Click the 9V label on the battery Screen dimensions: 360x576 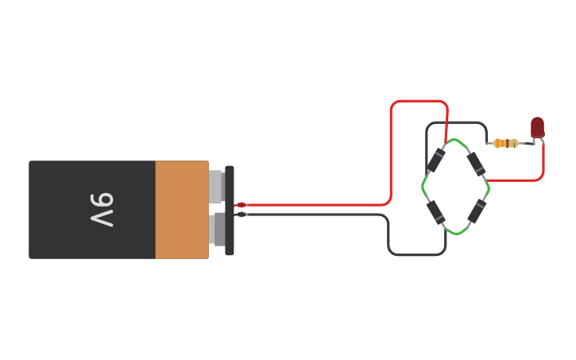coord(102,210)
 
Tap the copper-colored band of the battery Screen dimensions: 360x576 coord(182,210)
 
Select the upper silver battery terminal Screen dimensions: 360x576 coord(216,188)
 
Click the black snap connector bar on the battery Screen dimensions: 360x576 coord(230,211)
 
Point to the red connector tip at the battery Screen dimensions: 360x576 coord(241,205)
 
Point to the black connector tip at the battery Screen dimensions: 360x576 coord(241,215)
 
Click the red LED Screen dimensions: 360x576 coord(538,127)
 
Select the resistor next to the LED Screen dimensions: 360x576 coord(505,143)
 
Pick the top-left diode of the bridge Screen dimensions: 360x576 coord(435,161)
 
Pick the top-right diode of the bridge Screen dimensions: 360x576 coord(475,163)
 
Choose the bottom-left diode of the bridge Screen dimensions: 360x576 coord(435,211)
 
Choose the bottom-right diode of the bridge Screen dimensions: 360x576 coord(476,211)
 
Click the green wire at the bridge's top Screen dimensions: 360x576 coord(455,141)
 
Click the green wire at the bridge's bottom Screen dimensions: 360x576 coord(455,233)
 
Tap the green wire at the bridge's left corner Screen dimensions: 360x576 coord(423,188)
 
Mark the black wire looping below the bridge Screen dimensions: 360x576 coord(417,254)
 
